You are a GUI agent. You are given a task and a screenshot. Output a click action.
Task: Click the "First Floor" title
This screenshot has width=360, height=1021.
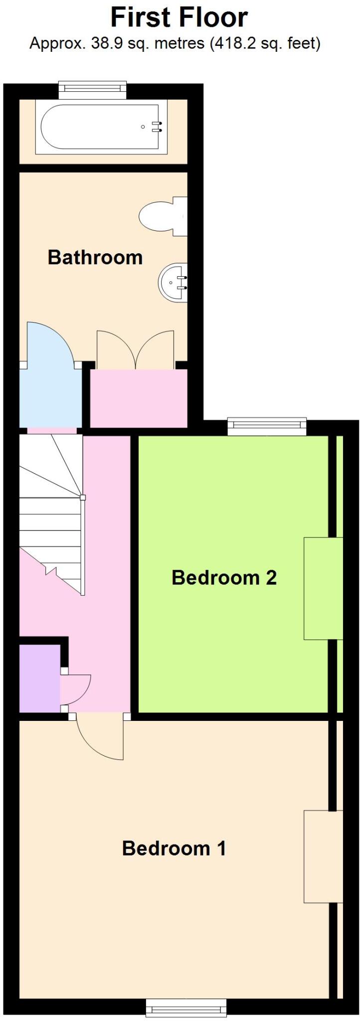point(179,18)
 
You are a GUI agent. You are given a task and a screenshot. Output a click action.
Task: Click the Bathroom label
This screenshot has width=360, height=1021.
point(95,258)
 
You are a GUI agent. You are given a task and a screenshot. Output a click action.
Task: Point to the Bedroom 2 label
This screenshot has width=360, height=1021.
point(224,578)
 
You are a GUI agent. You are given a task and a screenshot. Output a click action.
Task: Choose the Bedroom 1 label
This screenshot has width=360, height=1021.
point(174,848)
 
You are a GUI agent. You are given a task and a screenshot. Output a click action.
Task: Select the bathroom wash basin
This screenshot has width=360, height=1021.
point(173,283)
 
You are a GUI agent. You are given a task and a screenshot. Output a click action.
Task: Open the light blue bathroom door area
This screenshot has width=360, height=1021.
point(50,379)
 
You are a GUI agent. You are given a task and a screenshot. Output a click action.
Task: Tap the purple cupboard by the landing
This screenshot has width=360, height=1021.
point(39,678)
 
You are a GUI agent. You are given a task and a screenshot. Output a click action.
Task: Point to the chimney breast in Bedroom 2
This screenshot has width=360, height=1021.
point(323,588)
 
